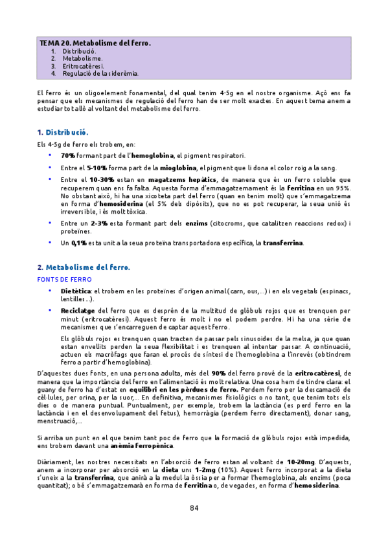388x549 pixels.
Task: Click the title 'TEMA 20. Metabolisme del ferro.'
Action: (x=95, y=43)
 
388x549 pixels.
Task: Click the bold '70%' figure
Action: (x=67, y=155)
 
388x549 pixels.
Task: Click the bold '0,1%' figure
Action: (x=70, y=243)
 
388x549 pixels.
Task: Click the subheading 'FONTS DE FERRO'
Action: (x=63, y=278)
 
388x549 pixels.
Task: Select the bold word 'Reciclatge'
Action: (x=78, y=311)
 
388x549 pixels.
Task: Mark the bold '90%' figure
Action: (x=218, y=374)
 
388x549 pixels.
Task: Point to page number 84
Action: (x=194, y=508)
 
